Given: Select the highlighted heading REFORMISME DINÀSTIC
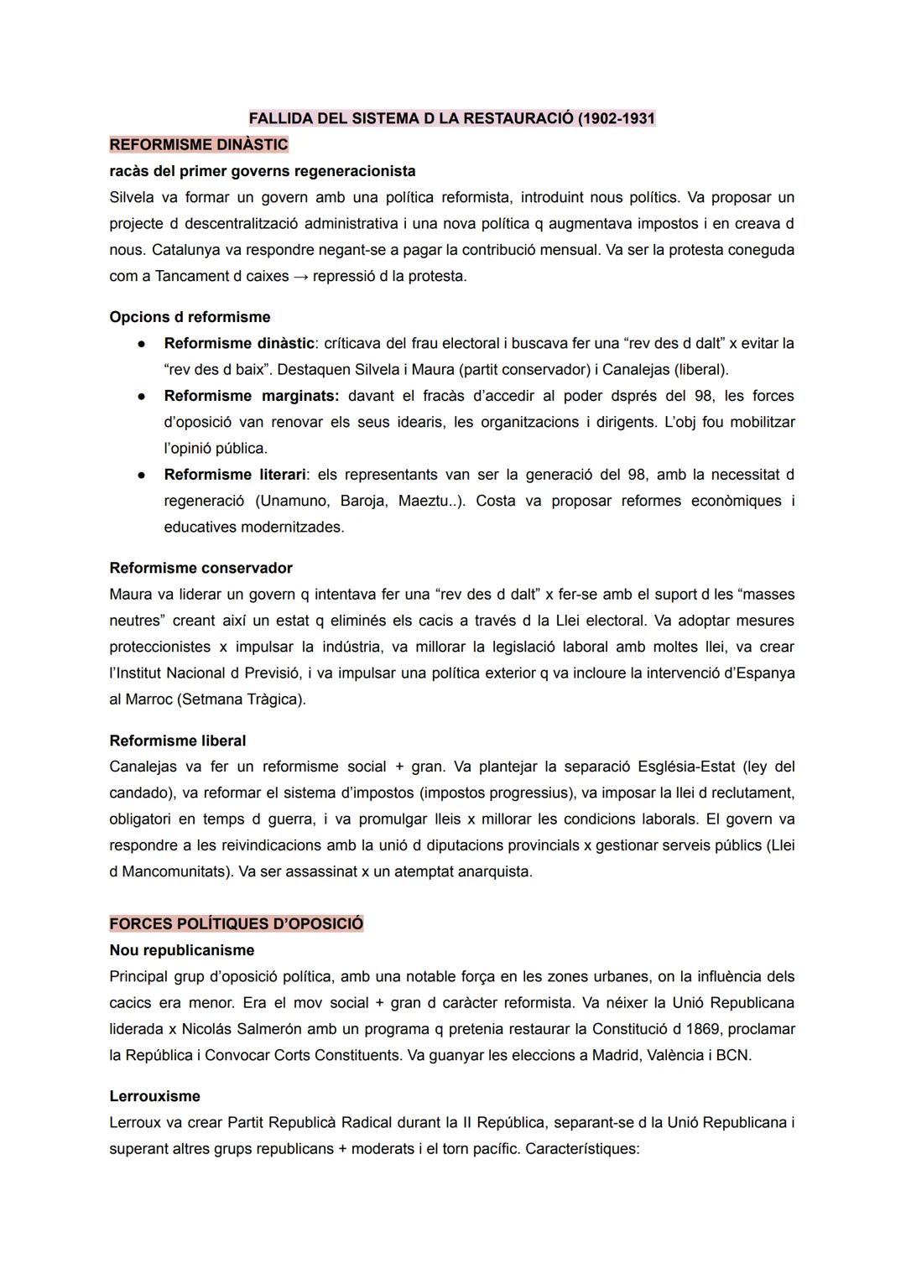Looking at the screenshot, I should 199,144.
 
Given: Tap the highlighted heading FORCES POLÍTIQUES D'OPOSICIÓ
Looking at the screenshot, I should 237,923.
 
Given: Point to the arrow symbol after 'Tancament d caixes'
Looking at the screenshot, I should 300,276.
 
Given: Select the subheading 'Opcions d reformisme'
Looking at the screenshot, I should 190,317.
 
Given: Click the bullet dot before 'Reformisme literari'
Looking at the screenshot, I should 143,475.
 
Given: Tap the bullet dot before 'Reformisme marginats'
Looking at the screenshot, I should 143,396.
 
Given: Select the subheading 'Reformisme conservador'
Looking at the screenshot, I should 200,568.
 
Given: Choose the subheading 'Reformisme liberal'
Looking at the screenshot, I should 178,741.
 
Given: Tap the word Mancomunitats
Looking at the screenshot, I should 174,871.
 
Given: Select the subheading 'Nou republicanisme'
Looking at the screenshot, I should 182,950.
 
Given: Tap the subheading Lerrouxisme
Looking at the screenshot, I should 154,1096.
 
